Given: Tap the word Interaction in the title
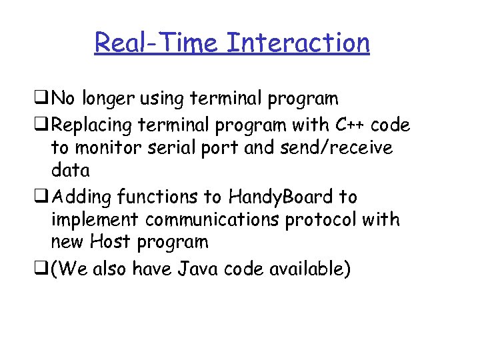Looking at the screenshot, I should (297, 43).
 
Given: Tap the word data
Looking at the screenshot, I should (70, 171).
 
